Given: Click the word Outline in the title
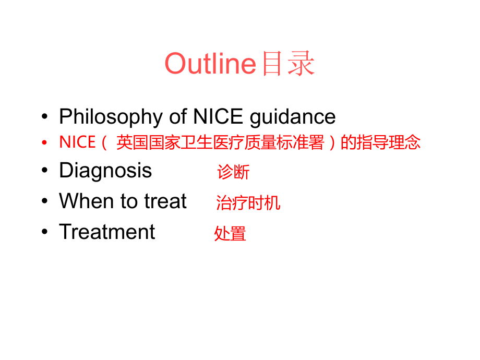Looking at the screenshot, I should (x=210, y=64).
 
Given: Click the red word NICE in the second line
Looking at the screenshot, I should (x=77, y=142).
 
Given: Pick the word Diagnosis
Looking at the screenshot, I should (x=105, y=171).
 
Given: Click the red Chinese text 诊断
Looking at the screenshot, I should (x=233, y=172).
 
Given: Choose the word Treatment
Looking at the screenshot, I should (x=107, y=232).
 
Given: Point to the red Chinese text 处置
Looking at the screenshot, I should (x=230, y=234).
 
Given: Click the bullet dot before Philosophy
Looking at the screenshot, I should (x=46, y=117).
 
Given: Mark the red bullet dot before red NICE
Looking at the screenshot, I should (x=46, y=142).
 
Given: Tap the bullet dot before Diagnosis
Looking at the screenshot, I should (x=46, y=171).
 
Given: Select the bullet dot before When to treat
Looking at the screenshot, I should (x=46, y=201).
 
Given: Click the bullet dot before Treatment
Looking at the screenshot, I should (x=46, y=232).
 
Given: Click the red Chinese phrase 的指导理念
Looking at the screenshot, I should (x=380, y=142).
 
